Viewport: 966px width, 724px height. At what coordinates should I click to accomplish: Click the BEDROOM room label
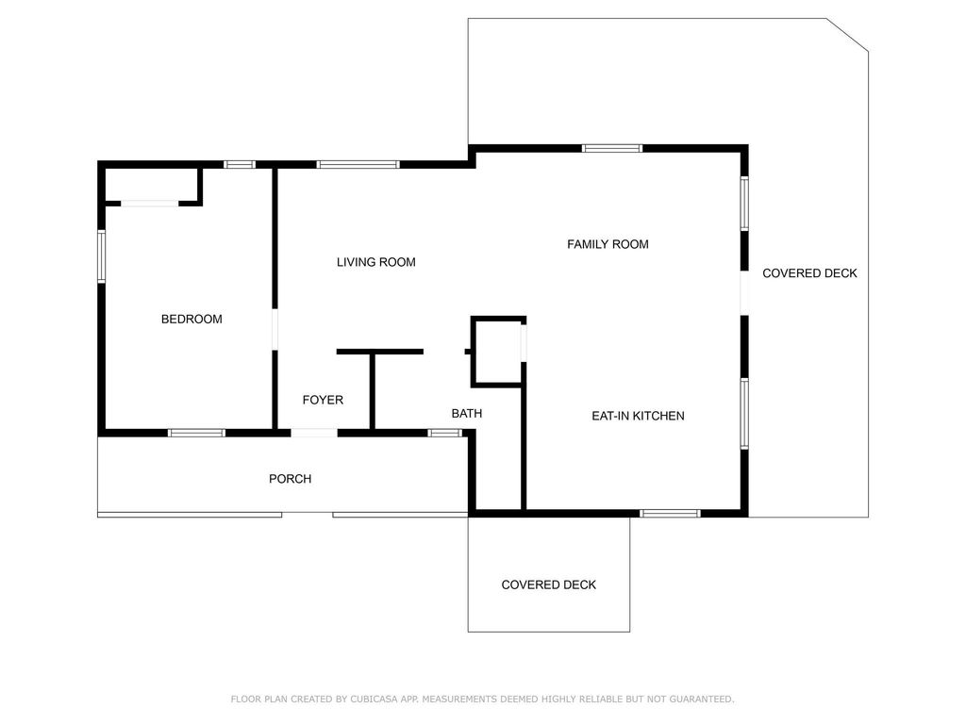click(x=192, y=320)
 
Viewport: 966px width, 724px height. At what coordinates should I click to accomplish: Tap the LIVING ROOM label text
click(x=375, y=262)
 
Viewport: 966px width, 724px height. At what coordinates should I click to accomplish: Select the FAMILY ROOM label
click(x=608, y=244)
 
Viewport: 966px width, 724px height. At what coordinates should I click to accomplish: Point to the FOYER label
click(x=323, y=400)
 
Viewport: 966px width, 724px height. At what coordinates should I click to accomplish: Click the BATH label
click(x=467, y=414)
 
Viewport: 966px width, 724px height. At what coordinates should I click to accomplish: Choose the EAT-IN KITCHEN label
click(x=638, y=416)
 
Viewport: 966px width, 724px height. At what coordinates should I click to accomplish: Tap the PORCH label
click(x=290, y=479)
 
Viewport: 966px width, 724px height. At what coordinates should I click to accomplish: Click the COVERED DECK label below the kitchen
click(x=548, y=584)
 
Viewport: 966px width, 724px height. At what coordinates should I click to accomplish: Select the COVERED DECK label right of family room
click(x=809, y=273)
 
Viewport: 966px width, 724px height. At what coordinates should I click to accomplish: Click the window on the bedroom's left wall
click(x=102, y=255)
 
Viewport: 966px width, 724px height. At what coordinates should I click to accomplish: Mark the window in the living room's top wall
click(x=358, y=165)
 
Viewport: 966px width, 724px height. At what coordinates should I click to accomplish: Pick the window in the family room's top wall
click(x=611, y=148)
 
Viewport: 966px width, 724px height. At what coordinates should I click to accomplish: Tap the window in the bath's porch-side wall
click(x=444, y=433)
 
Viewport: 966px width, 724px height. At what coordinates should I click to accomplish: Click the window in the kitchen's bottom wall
click(x=670, y=513)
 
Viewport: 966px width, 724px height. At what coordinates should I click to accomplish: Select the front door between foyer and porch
click(x=314, y=433)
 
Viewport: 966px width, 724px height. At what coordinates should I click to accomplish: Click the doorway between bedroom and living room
click(x=275, y=329)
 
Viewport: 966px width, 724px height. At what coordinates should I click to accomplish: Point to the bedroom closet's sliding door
click(x=150, y=202)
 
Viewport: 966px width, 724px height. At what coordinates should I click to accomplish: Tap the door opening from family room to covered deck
click(x=743, y=291)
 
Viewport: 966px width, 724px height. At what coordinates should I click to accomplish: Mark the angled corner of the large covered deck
click(x=848, y=34)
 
